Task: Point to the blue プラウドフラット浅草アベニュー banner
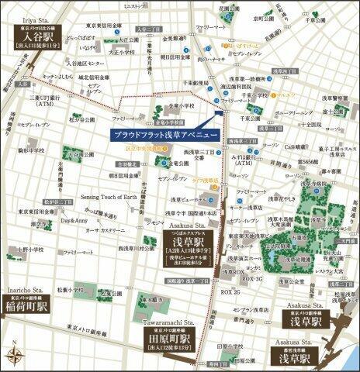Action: point(163,133)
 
